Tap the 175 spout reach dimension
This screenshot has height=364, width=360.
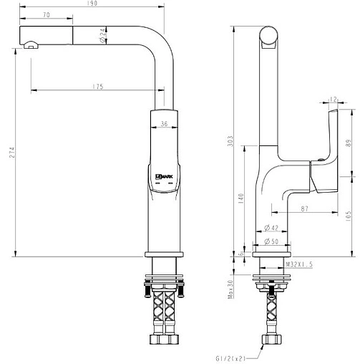98,87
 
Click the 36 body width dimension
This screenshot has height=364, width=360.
164,123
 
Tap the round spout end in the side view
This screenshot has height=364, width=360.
270,36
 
